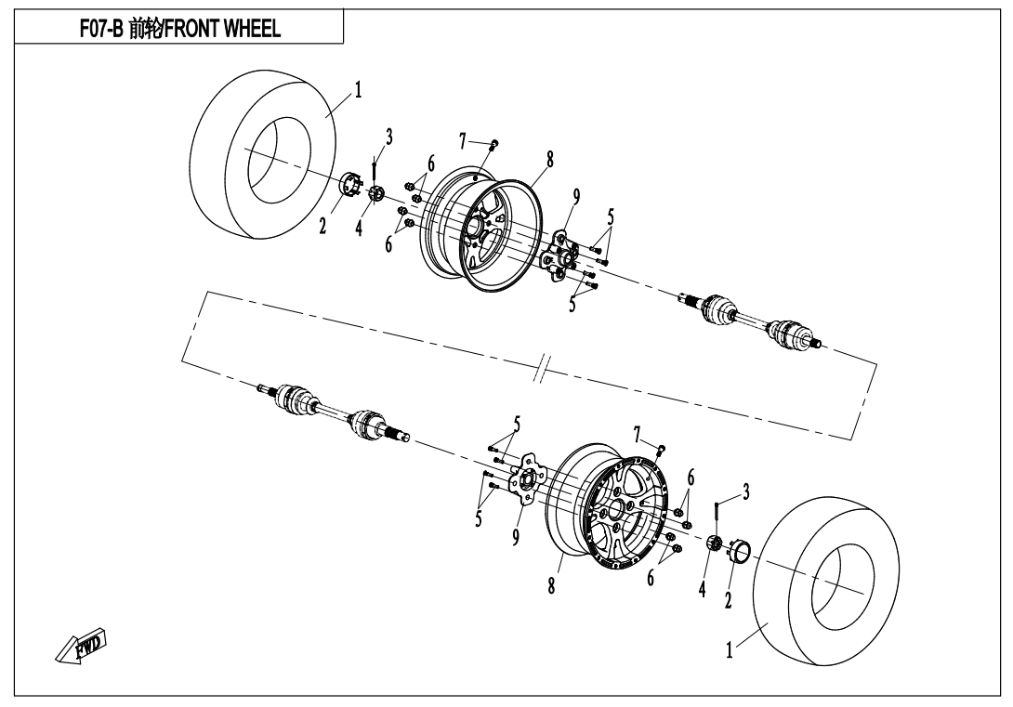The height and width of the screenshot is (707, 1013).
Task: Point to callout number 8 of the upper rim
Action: [550, 160]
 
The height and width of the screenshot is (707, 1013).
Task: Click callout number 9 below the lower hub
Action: [516, 538]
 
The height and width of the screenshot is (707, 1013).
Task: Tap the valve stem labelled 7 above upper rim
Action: [494, 143]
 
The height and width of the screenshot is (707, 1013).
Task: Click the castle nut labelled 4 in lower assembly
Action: [715, 543]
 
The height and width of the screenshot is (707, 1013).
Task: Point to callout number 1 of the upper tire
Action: [357, 90]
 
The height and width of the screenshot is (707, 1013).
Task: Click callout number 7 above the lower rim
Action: [637, 434]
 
